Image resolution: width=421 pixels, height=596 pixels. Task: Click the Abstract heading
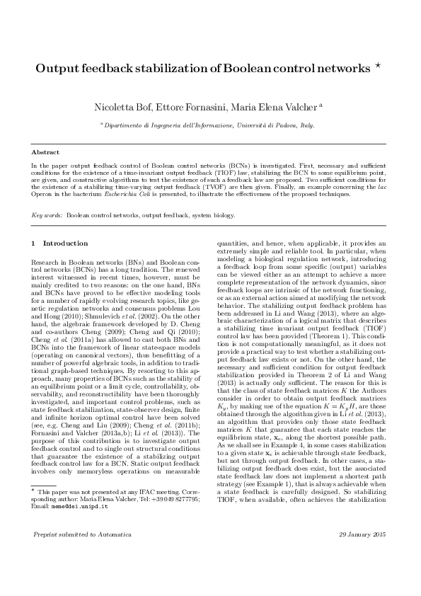click(45, 152)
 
